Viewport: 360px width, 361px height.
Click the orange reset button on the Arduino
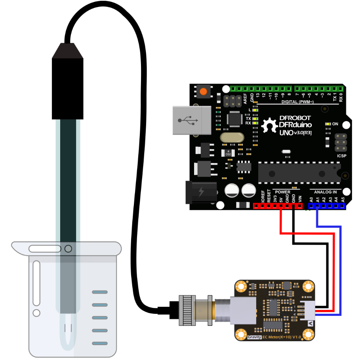pos(204,91)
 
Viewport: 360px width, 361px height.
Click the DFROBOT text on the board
pos(295,118)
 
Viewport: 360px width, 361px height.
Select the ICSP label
pos(342,156)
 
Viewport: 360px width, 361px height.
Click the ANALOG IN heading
pos(328,192)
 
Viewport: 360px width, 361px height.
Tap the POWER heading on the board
pos(282,192)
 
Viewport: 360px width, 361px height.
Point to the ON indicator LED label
pos(335,124)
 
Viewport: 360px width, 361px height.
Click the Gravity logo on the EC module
pos(254,337)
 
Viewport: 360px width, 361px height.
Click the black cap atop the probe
pos(68,51)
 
